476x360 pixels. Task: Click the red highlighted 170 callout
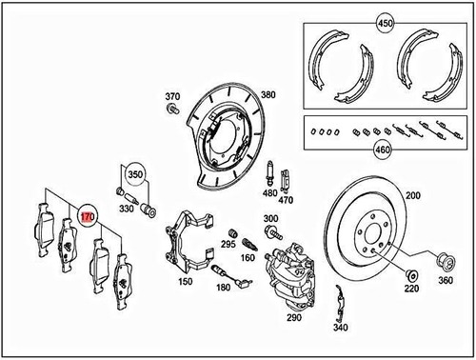click(87, 217)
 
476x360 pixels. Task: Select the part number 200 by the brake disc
click(412, 195)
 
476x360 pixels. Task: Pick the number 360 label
click(446, 283)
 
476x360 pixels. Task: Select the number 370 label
click(172, 97)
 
